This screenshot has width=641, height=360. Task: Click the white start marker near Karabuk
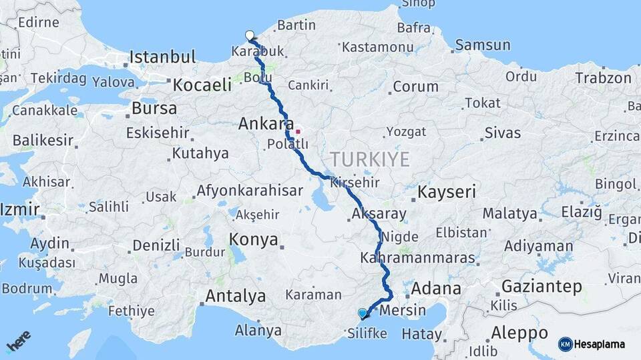[250, 35]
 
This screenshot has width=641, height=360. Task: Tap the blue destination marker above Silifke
[363, 313]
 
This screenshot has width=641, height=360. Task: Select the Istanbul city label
[162, 57]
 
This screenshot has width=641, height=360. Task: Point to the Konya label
[253, 240]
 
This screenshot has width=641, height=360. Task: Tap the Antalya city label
[236, 295]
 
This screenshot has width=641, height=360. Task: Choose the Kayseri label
[447, 193]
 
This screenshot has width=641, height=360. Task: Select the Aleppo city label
[519, 333]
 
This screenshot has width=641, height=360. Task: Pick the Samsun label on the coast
[483, 45]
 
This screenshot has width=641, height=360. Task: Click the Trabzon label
[603, 78]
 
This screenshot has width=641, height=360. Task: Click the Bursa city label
[154, 108]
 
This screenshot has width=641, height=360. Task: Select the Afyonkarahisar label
[250, 191]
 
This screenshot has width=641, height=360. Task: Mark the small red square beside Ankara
[298, 131]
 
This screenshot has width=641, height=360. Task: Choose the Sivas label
[502, 133]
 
